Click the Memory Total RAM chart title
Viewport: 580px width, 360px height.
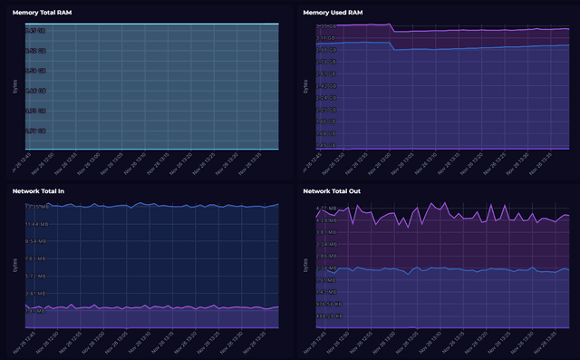point(42,12)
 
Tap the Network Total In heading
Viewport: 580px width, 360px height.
point(38,192)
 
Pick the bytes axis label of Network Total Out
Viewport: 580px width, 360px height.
point(305,266)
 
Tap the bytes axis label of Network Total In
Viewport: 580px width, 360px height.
point(14,266)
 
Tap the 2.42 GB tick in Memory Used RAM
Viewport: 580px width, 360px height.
point(327,85)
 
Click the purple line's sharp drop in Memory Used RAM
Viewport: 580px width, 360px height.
point(391,28)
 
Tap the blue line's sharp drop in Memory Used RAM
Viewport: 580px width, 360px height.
point(391,46)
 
